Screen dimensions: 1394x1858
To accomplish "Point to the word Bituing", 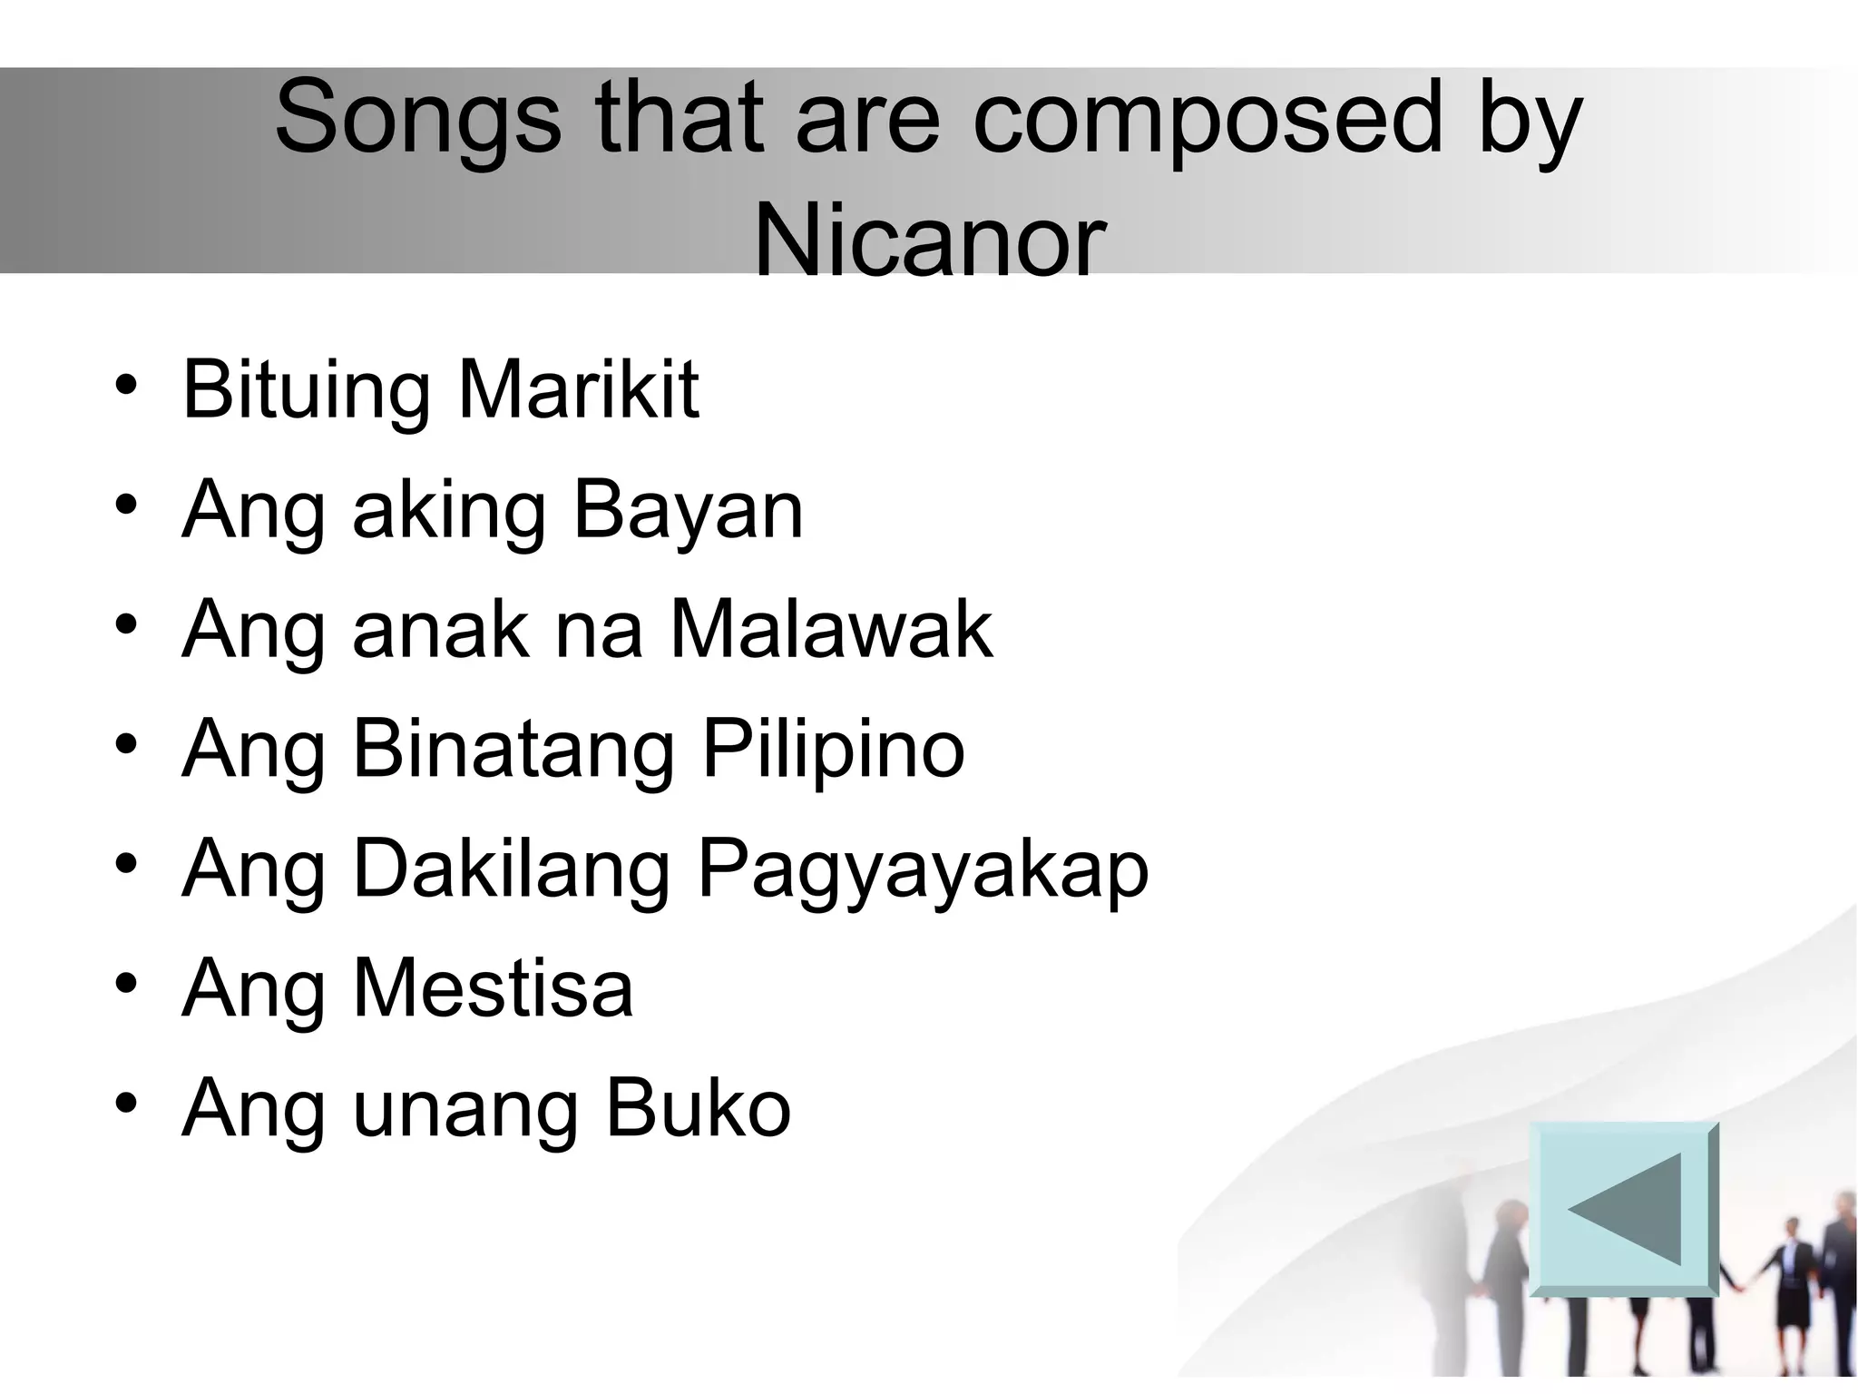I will (x=306, y=392).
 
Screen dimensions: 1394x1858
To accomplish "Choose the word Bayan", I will (x=689, y=511).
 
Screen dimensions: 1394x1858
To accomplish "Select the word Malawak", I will (x=831, y=630).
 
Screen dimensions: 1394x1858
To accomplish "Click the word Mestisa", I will (x=493, y=989).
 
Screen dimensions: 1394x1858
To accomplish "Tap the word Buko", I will (x=698, y=1109).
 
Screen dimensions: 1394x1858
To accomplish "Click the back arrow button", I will (x=1623, y=1208).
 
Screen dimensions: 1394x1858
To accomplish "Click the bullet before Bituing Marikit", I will (x=126, y=385).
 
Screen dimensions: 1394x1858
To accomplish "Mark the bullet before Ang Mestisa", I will (x=126, y=983).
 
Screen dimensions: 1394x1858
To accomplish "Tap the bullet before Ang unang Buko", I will (x=126, y=1103).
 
